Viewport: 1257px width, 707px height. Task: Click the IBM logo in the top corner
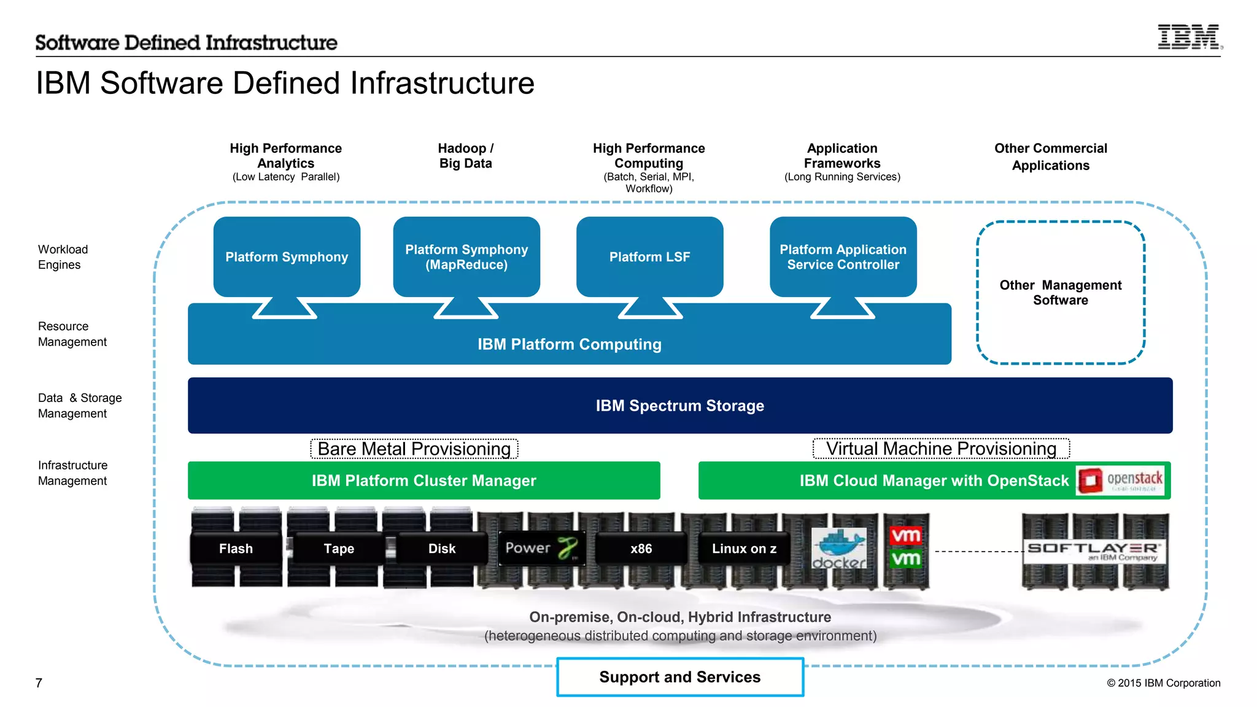pyautogui.click(x=1189, y=37)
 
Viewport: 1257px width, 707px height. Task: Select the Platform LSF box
pyautogui.click(x=649, y=257)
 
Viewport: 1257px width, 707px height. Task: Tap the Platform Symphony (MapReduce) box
pyautogui.click(x=466, y=257)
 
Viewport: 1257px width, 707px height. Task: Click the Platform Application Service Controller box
pyautogui.click(x=843, y=257)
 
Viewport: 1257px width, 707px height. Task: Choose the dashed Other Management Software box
pyautogui.click(x=1060, y=293)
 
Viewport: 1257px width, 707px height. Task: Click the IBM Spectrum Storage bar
pyautogui.click(x=679, y=406)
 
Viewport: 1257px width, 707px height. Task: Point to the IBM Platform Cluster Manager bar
pyautogui.click(x=424, y=481)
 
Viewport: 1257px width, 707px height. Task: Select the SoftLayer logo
pyautogui.click(x=1094, y=550)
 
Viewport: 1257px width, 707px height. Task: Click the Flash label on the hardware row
pyautogui.click(x=236, y=549)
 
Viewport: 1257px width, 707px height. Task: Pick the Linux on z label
pyautogui.click(x=744, y=549)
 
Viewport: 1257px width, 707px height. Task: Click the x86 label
pyautogui.click(x=641, y=549)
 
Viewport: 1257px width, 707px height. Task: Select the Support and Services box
pyautogui.click(x=680, y=677)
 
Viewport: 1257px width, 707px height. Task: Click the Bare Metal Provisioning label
pyautogui.click(x=414, y=449)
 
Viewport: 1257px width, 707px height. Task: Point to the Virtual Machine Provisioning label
pyautogui.click(x=941, y=449)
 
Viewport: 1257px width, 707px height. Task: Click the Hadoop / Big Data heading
pyautogui.click(x=465, y=156)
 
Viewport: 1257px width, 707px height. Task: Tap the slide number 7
pyautogui.click(x=39, y=683)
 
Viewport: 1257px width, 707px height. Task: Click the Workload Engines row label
pyautogui.click(x=63, y=257)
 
